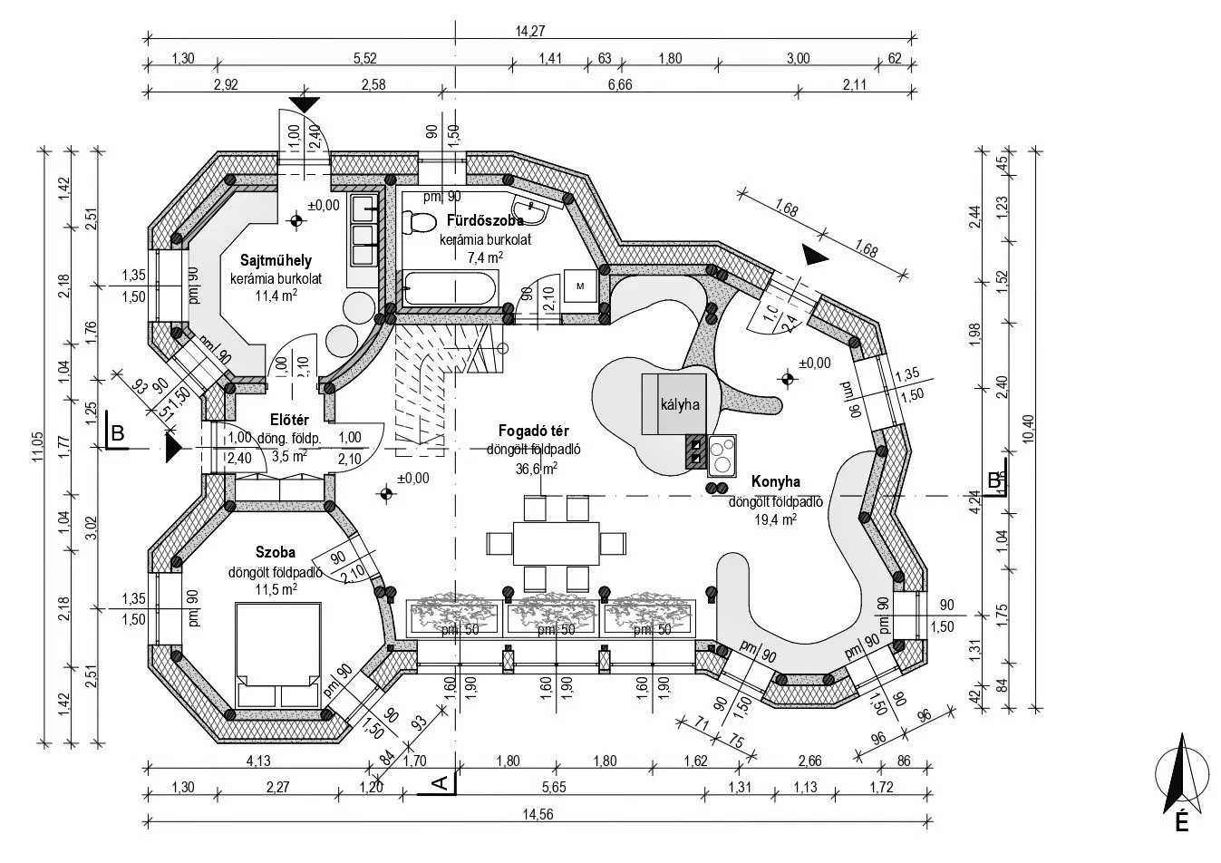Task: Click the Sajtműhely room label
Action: point(264,261)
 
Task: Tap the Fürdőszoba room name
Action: point(484,220)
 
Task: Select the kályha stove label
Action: point(679,404)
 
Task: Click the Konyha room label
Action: point(775,481)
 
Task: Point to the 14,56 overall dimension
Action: point(538,814)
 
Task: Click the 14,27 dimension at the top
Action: point(530,31)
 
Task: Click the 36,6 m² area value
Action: point(534,468)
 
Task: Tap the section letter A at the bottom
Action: point(439,782)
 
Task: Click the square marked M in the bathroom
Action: point(579,285)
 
